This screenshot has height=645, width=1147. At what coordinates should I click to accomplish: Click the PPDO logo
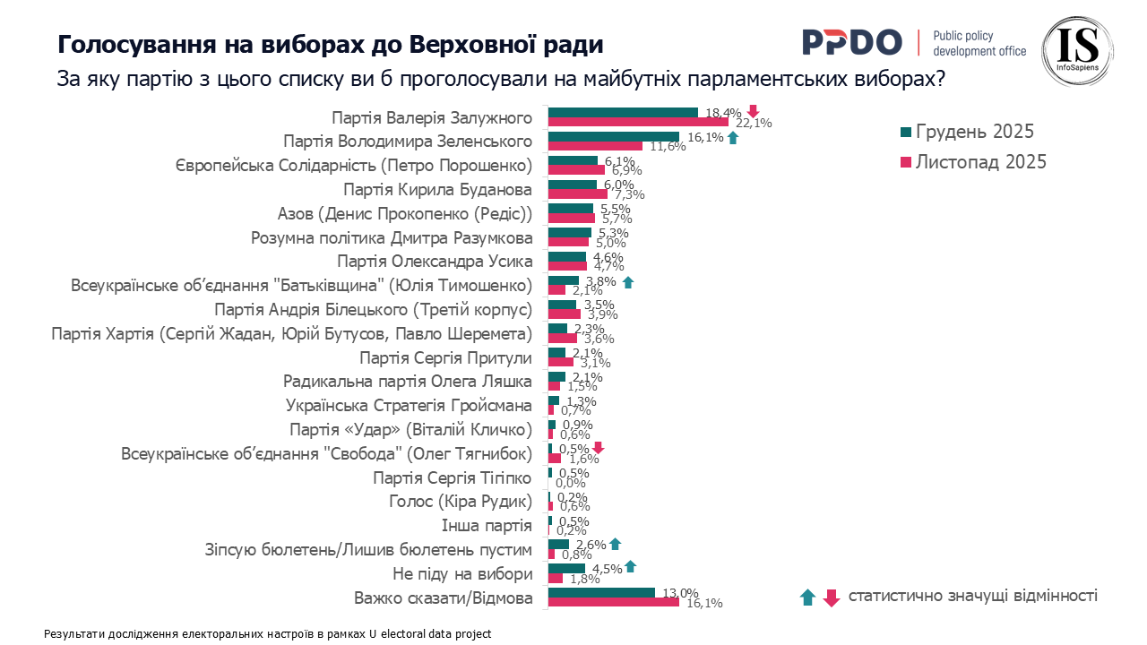[x=851, y=42]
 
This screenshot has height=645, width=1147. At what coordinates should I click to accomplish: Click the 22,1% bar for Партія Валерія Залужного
[x=638, y=122]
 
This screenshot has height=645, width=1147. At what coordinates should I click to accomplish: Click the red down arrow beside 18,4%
[x=753, y=111]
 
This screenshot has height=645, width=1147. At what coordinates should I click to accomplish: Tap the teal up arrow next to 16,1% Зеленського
[x=733, y=137]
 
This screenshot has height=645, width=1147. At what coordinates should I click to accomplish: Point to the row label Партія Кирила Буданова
[x=438, y=190]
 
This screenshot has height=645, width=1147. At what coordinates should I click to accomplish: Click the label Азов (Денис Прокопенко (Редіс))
[x=405, y=214]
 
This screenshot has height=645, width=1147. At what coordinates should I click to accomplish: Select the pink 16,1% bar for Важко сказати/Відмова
[x=613, y=602]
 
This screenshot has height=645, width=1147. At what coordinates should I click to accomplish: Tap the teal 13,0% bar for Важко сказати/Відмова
[x=601, y=592]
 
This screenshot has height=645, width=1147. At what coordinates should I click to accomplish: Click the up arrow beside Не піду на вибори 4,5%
[x=630, y=565]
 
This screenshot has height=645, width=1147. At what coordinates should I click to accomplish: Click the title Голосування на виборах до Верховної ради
[x=331, y=45]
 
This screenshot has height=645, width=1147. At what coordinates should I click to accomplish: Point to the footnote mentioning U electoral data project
[x=268, y=633]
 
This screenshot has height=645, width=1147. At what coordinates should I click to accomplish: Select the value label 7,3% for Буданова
[x=626, y=194]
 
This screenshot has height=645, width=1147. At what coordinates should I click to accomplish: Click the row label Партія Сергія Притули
[x=445, y=358]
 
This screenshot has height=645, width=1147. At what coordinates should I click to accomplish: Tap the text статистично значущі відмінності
[x=972, y=596]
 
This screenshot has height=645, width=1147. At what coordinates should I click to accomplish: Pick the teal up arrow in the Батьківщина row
[x=627, y=282]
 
